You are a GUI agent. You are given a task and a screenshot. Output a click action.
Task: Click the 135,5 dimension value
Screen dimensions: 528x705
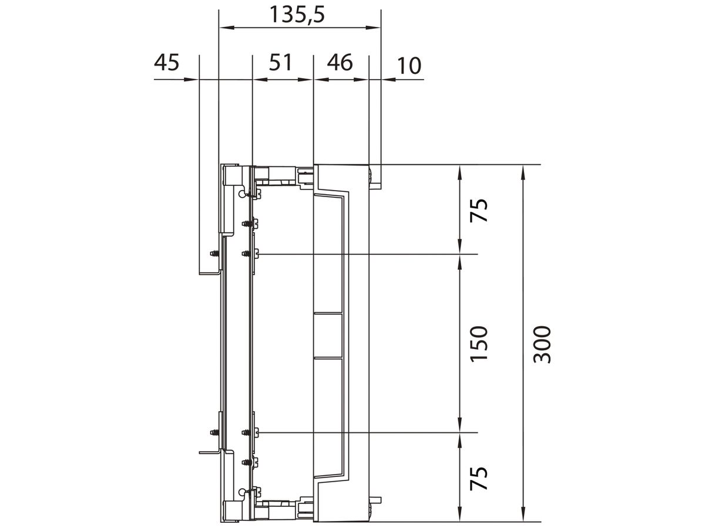point(297,13)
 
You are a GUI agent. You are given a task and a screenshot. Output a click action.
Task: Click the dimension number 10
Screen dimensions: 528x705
point(409,66)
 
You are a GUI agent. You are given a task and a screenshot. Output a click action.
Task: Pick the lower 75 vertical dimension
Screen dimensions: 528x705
point(479,478)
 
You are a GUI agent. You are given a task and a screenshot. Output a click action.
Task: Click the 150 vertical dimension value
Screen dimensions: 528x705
point(479,343)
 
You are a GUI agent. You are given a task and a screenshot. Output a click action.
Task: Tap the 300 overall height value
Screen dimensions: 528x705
point(543,344)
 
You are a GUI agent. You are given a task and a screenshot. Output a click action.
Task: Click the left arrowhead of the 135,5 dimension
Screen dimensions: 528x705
point(224,27)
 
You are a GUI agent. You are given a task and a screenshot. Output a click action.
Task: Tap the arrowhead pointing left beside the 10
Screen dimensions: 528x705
point(387,79)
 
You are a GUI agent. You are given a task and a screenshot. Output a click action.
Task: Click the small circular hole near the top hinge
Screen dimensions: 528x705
point(242,193)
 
